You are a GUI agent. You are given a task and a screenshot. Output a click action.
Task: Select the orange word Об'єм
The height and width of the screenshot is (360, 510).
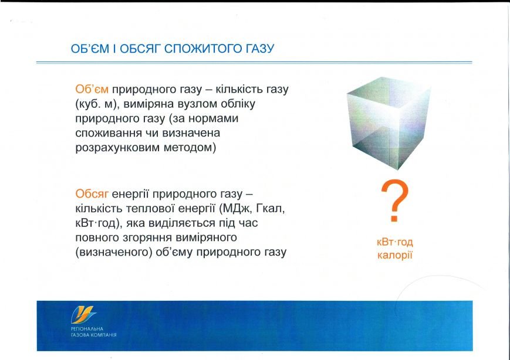click(x=92, y=89)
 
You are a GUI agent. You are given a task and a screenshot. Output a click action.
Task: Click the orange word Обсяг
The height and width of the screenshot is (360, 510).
click(x=92, y=194)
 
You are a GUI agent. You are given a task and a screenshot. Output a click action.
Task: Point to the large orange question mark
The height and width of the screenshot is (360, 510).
click(x=394, y=201)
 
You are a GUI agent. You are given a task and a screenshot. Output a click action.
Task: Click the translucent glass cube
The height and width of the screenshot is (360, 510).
click(x=389, y=123)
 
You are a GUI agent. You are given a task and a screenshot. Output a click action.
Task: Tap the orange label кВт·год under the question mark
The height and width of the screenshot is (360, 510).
click(x=395, y=242)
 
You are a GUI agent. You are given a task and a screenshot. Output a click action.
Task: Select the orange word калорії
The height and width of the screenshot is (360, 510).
click(x=395, y=256)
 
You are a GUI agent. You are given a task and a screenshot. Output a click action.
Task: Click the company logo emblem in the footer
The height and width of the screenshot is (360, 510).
click(x=83, y=314)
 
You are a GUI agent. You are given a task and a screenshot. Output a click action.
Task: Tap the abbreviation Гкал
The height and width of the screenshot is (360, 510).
click(x=271, y=209)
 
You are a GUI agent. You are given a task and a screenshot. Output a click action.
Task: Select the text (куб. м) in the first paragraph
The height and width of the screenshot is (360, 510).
click(x=97, y=104)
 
